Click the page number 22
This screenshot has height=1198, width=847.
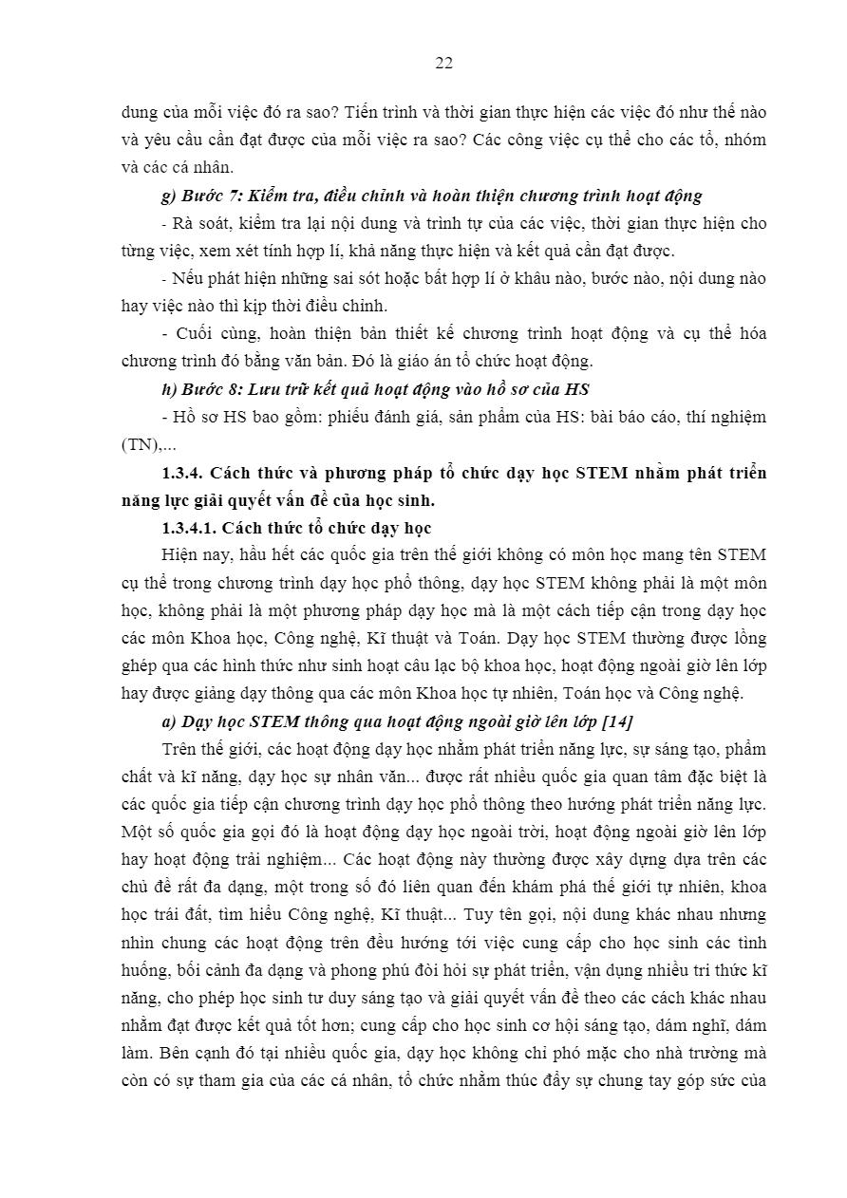[443, 64]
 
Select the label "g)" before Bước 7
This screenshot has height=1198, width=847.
[170, 197]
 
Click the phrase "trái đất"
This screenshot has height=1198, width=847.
[181, 915]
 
